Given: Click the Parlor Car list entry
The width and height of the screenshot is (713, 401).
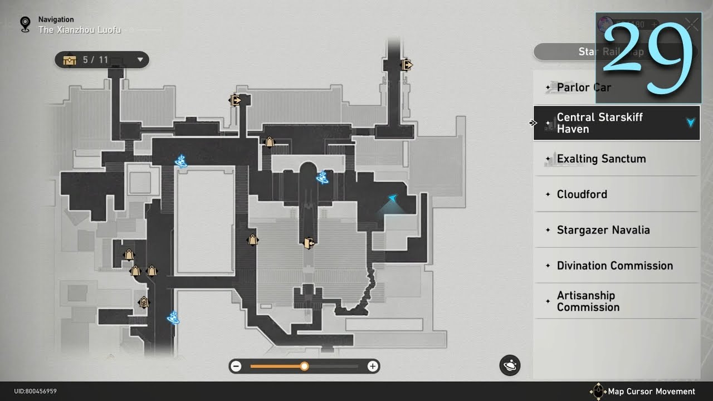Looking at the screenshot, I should click(x=584, y=87).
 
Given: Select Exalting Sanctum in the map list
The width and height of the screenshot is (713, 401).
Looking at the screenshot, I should click(x=601, y=159).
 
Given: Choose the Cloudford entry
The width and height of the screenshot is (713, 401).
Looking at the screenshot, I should click(x=582, y=194).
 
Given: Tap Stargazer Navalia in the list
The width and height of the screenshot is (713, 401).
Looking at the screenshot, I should click(x=603, y=230).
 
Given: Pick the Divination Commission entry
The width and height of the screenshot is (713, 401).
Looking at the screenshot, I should click(x=614, y=266).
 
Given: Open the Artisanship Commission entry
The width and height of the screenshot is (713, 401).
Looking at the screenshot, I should click(x=588, y=301).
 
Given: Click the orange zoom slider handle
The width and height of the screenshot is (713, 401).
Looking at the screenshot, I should click(x=304, y=366).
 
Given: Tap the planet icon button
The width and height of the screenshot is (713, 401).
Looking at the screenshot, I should click(x=510, y=366).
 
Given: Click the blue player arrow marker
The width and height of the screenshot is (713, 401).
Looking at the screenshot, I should click(x=393, y=198).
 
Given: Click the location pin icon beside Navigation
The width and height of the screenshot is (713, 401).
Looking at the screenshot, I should click(x=25, y=24).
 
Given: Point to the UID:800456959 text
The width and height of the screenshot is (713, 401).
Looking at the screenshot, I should click(x=35, y=392).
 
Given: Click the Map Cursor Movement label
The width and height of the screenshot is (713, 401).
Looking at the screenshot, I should click(x=651, y=392).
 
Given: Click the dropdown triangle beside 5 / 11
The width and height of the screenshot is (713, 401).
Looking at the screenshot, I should click(x=140, y=60).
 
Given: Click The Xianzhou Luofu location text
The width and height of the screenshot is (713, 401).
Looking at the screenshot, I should click(x=79, y=30).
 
